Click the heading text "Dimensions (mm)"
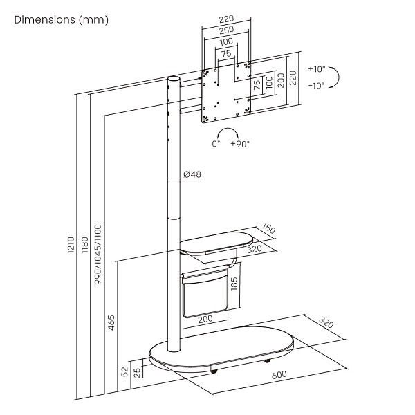pyautogui.click(x=62, y=20)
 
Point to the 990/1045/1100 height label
pyautogui.click(x=98, y=254)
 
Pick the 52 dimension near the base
pyautogui.click(x=124, y=373)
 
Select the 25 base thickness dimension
pyautogui.click(x=138, y=374)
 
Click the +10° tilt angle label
pyautogui.click(x=316, y=70)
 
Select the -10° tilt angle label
pyautogui.click(x=316, y=86)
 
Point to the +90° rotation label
pyautogui.click(x=241, y=144)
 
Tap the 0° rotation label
pyautogui.click(x=216, y=144)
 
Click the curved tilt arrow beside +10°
pyautogui.click(x=334, y=77)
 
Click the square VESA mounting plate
pyautogui.click(x=227, y=93)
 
